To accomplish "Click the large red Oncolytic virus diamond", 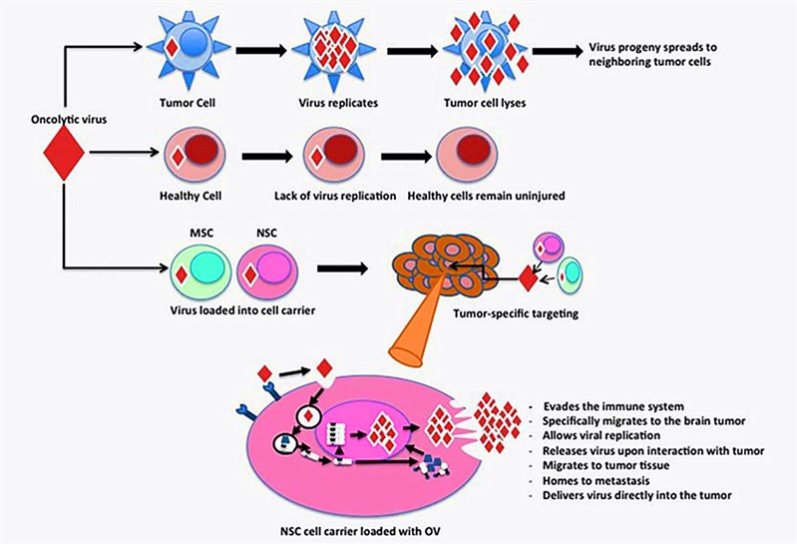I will point(62,153).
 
